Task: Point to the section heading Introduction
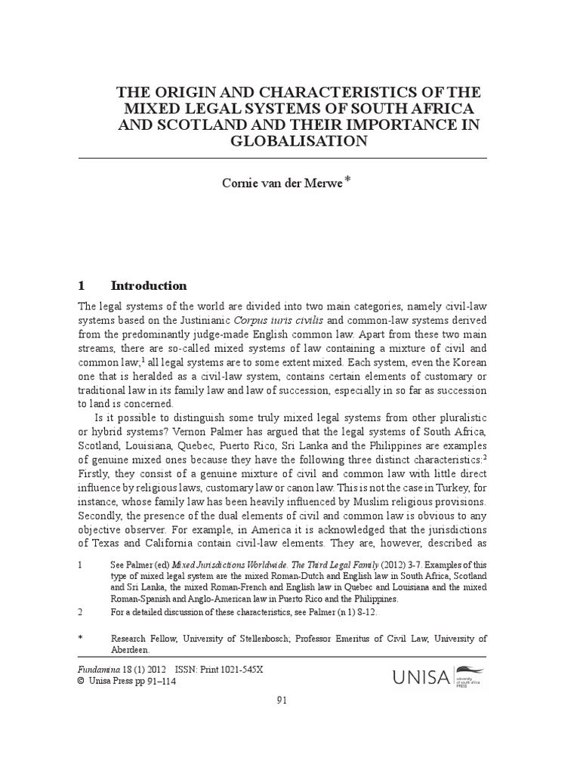[148, 285]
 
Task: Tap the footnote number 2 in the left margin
[80, 612]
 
